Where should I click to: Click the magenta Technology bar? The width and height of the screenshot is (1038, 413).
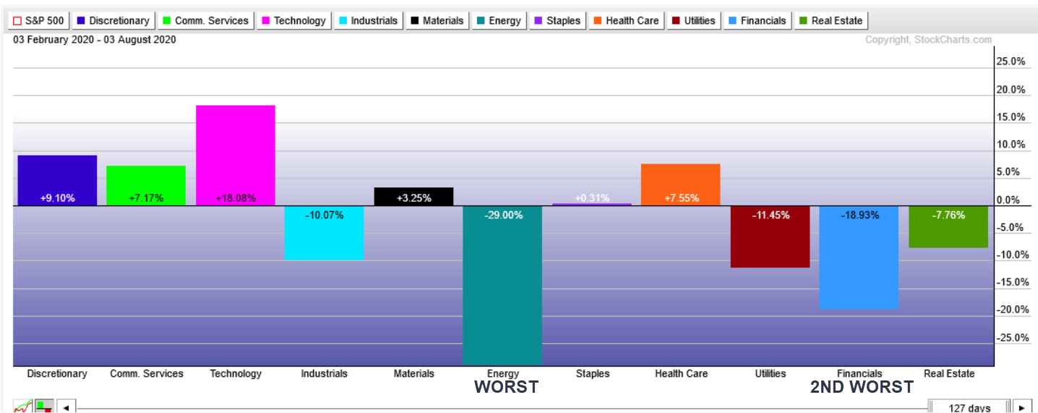(x=236, y=156)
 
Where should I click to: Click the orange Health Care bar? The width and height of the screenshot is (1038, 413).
(x=680, y=185)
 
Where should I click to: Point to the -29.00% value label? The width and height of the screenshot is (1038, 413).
(x=502, y=215)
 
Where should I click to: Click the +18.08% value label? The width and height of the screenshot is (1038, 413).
(x=236, y=198)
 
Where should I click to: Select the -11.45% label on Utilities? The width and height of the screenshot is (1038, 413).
(x=770, y=215)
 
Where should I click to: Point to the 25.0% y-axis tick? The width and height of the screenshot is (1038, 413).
(x=1011, y=61)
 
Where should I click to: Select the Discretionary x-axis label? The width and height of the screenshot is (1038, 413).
(x=57, y=374)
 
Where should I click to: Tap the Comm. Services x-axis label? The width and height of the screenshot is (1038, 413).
(x=147, y=374)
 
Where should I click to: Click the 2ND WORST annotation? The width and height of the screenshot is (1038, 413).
(x=862, y=387)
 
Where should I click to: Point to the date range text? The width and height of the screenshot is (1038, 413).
(x=95, y=40)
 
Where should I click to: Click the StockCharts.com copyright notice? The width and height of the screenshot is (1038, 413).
(x=929, y=41)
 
